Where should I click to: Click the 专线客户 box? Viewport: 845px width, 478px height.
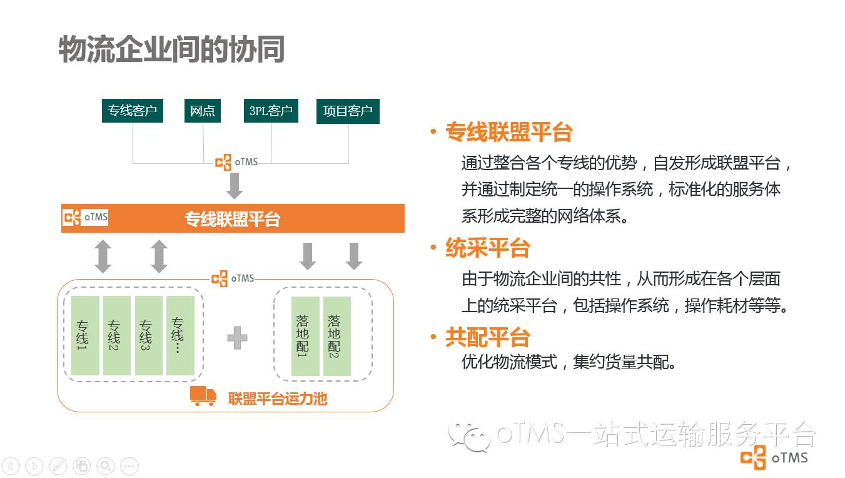[132, 111]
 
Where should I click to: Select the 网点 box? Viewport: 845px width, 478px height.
[203, 111]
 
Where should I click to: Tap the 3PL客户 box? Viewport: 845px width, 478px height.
[271, 111]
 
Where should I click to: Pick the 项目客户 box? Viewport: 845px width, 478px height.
[348, 111]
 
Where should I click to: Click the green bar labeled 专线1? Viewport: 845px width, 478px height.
[85, 335]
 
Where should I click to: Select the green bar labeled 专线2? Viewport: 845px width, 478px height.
[117, 335]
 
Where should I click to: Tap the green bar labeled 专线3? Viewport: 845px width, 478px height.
[149, 335]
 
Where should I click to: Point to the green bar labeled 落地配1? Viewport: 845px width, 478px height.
[305, 336]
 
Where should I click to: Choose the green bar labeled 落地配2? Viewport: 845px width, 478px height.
[337, 336]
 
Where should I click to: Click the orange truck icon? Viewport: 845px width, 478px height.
[203, 396]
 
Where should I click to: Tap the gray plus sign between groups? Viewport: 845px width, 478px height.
[237, 338]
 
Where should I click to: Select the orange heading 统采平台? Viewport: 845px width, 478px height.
[487, 248]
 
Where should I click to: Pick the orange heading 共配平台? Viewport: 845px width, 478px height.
[487, 338]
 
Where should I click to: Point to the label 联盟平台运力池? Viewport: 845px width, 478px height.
[278, 399]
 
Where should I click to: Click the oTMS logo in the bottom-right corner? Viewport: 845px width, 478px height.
[774, 458]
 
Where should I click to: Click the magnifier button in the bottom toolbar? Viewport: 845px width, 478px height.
[106, 465]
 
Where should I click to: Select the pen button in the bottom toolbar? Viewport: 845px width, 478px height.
[58, 465]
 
